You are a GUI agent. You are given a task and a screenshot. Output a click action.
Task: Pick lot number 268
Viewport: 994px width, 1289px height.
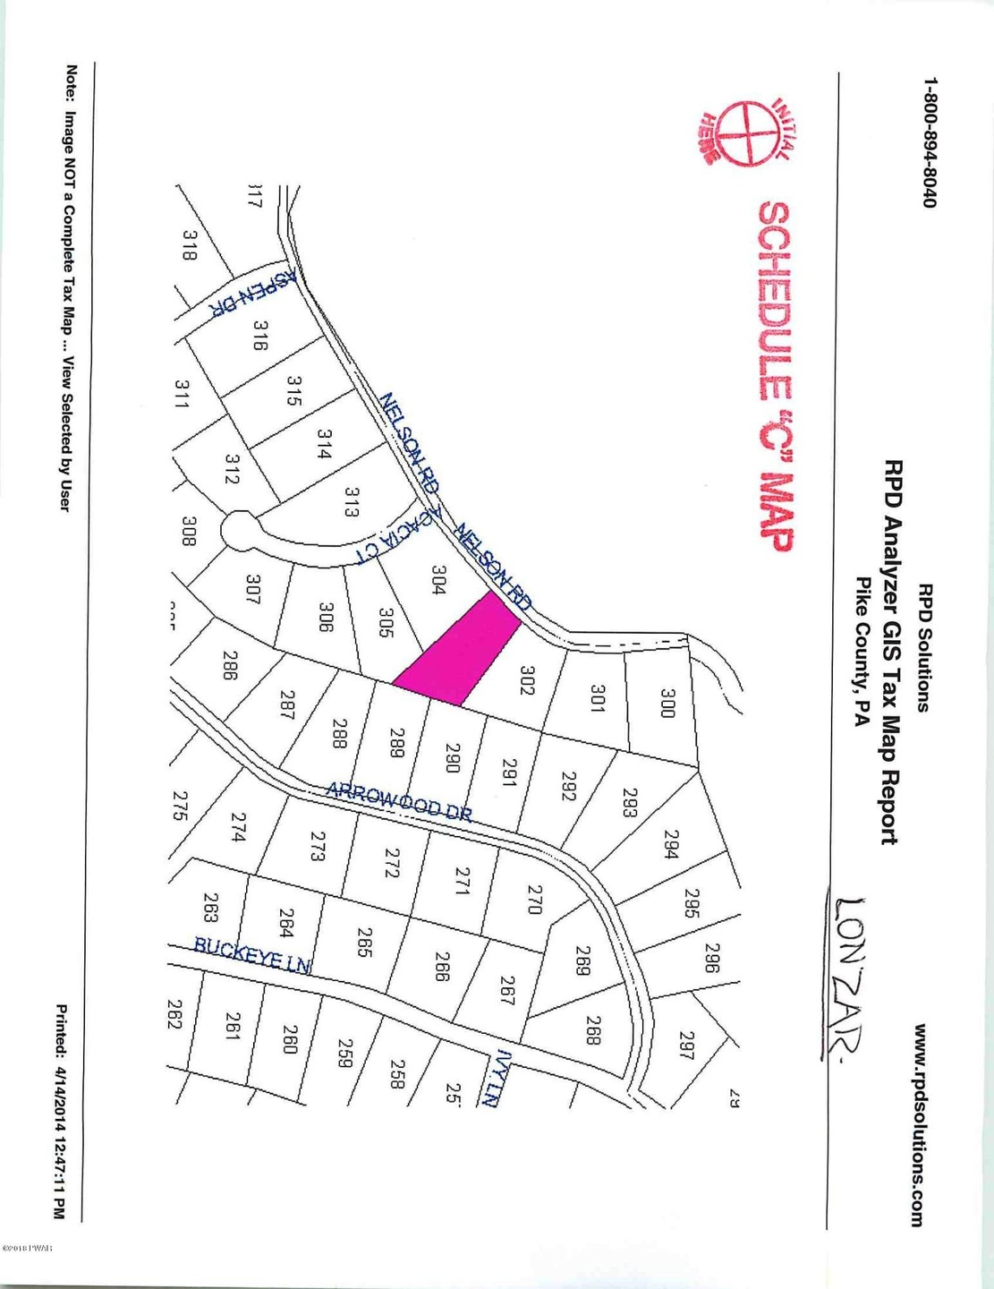(x=592, y=1029)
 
